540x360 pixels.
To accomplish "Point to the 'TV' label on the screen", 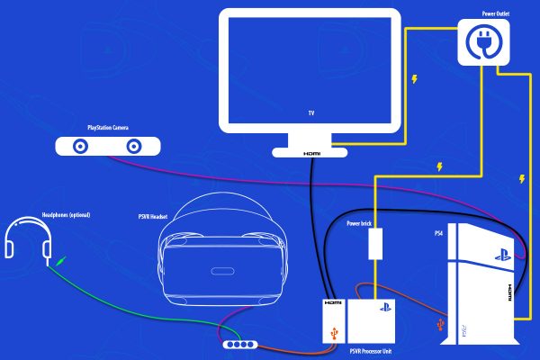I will point(310,114).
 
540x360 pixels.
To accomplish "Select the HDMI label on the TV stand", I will point(311,154).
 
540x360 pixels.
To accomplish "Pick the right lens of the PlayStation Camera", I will point(131,145).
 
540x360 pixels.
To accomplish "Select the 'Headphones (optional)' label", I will point(66,214).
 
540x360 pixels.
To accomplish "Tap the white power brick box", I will point(376,243).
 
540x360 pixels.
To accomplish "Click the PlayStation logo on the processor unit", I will point(381,307).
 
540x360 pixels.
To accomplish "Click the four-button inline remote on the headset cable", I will point(242,345).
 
